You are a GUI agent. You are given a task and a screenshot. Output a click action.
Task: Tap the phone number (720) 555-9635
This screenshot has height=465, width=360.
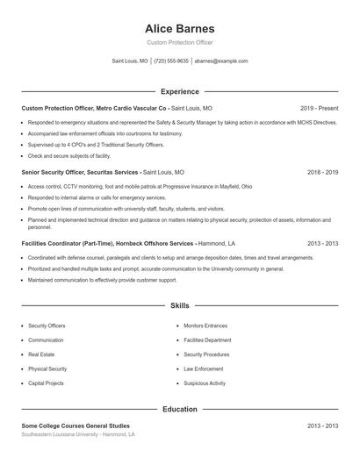coord(171,61)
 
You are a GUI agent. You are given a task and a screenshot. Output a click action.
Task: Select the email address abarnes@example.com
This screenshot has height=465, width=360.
coord(221,61)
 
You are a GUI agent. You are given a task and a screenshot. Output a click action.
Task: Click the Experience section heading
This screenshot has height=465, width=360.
coord(179,91)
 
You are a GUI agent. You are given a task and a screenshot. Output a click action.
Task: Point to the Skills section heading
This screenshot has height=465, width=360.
coord(179,306)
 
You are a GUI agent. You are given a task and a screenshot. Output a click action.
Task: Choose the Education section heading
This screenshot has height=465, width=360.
coord(179,409)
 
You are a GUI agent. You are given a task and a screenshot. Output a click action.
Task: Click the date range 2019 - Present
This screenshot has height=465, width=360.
coord(319,108)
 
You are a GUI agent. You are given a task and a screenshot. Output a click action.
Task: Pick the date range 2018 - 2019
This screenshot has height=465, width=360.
coord(322,173)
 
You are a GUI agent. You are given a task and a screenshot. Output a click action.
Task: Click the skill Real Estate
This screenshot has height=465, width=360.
coord(41,354)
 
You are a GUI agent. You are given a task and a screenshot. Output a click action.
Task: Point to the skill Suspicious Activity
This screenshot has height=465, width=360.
coord(205,383)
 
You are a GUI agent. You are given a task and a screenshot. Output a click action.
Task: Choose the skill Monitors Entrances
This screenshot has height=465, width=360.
coord(205,325)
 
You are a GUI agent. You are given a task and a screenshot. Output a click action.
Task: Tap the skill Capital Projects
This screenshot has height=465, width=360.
coord(47,383)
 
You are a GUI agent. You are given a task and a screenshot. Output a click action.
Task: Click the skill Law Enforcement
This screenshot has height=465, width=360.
coord(203,368)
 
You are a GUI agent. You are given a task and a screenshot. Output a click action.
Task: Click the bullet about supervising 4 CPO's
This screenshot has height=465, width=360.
coord(96,144)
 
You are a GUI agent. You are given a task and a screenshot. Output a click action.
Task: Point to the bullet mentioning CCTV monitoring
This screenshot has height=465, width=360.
coord(127,187)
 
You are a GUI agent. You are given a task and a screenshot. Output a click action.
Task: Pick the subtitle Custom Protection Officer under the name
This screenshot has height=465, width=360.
coord(179,42)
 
